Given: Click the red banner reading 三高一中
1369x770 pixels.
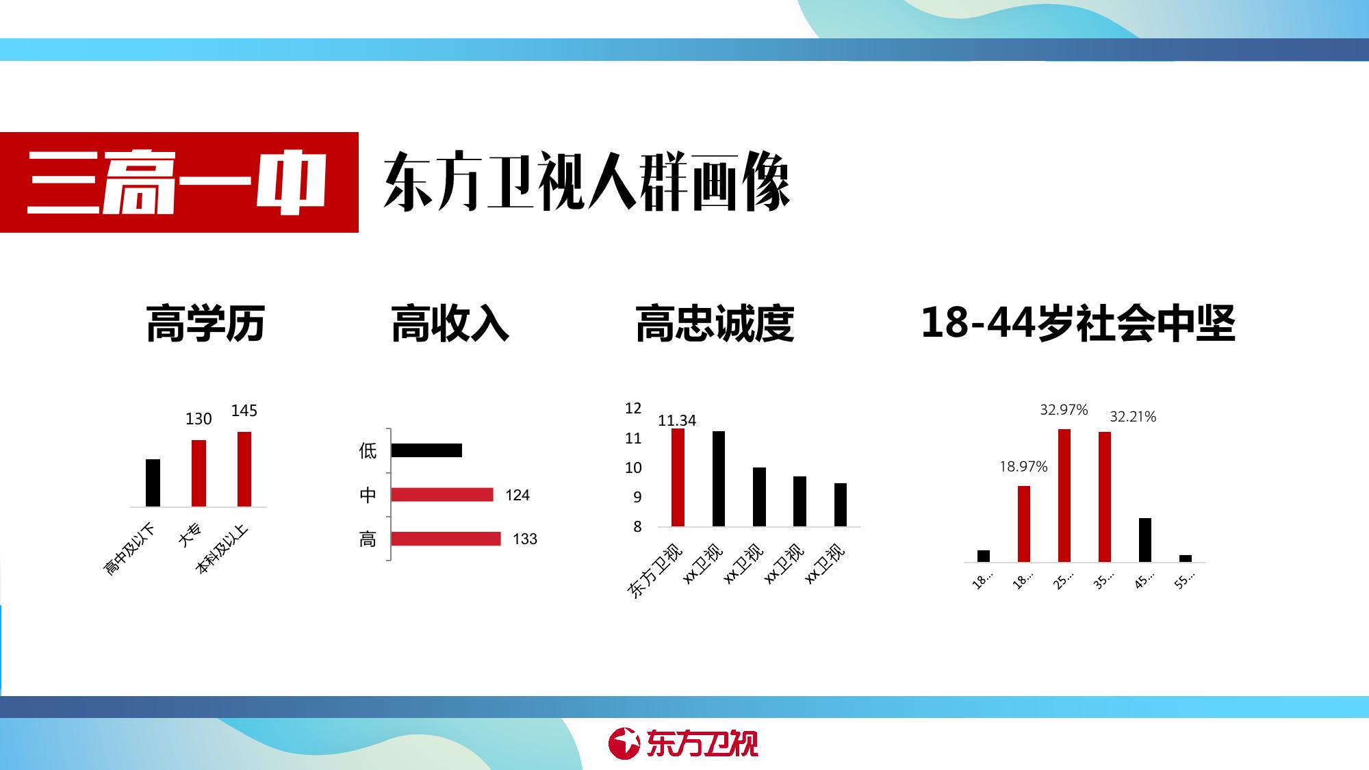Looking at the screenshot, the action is [179, 182].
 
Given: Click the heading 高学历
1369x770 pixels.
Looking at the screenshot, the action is [205, 323].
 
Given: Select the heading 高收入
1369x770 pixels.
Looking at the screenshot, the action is [450, 323].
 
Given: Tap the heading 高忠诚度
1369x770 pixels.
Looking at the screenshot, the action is [715, 323].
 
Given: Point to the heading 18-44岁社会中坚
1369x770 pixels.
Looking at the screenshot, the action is [1078, 323].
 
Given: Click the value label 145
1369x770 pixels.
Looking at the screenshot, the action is [244, 411].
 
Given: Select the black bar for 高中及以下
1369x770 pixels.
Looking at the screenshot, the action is [153, 483].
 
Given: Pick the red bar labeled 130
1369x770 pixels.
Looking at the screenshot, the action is [199, 473].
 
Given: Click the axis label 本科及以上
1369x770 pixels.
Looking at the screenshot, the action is [221, 549].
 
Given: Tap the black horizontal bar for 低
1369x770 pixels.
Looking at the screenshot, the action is [426, 450].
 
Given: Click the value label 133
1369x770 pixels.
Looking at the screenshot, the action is [525, 539].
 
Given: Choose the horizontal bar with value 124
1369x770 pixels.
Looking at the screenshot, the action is [442, 495].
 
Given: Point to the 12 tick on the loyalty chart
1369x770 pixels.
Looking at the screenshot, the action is [633, 409].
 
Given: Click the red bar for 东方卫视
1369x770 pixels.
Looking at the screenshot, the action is [678, 477].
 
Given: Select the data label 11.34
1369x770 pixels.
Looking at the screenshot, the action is [677, 420].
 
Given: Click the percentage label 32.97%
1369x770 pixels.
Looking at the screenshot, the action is [1064, 410].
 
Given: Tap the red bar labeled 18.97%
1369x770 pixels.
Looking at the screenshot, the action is [1024, 524].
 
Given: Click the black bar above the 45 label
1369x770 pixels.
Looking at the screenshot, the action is [1145, 540].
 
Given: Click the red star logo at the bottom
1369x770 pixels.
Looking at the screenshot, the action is [624, 743].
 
